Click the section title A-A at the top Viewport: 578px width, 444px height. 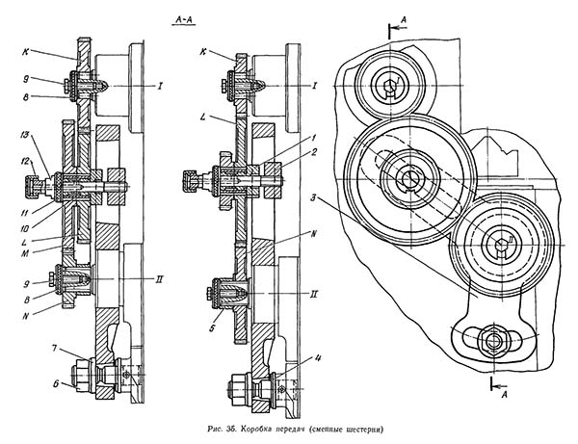click(x=184, y=21)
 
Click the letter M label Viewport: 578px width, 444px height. click(x=26, y=252)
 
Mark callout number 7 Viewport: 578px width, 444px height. click(x=54, y=348)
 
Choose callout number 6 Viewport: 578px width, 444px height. click(x=56, y=384)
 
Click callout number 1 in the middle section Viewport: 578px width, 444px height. click(x=313, y=138)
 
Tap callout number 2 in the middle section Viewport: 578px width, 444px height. click(x=314, y=152)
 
